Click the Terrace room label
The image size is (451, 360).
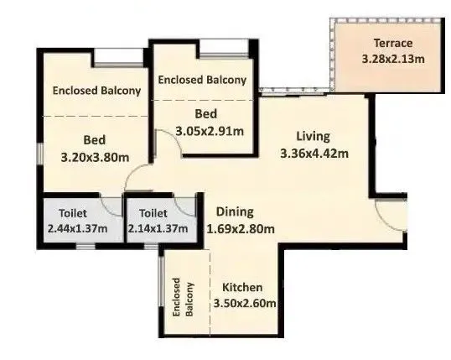coord(392,44)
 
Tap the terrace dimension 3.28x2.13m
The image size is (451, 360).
coord(393,60)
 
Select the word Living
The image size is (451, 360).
coord(313,135)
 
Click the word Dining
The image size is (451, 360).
coord(235,212)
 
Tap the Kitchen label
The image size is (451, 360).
coord(243,287)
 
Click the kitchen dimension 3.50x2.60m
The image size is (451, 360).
coord(244,303)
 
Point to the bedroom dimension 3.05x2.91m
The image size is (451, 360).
coord(210,130)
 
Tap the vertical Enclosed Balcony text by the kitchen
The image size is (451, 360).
coord(184,298)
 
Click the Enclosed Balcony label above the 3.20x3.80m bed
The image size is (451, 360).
coord(96,91)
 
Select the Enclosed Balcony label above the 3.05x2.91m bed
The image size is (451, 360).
coord(203,80)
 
